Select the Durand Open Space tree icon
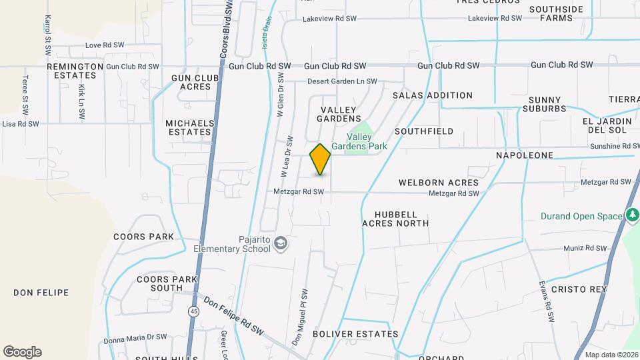click(631, 215)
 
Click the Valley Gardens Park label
click(367, 141)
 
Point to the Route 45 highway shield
click(193, 311)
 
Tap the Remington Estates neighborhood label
click(75, 71)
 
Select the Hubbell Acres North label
click(395, 219)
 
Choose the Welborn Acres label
click(439, 182)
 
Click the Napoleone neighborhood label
click(525, 155)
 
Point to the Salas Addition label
click(432, 95)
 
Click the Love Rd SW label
click(105, 45)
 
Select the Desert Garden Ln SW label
click(342, 82)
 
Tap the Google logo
click(22, 352)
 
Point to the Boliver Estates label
click(355, 333)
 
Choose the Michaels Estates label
click(190, 127)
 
